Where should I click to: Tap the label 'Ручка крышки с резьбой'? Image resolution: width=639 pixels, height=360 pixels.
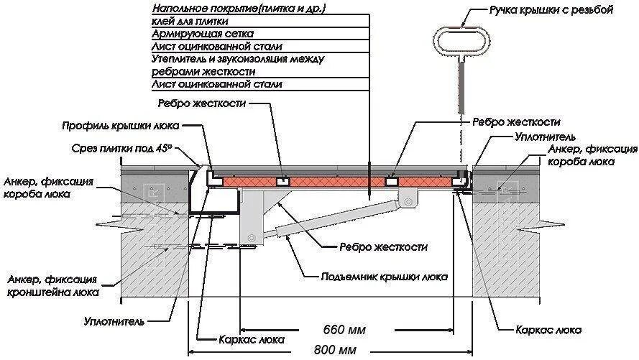(x=551, y=11)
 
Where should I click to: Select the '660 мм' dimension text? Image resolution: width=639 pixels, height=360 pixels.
(x=344, y=331)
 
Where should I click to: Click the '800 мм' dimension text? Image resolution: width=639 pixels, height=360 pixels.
(x=334, y=351)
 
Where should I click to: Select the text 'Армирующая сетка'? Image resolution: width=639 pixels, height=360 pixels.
(x=202, y=34)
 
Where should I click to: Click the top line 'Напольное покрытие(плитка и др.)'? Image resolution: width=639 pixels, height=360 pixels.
(x=237, y=9)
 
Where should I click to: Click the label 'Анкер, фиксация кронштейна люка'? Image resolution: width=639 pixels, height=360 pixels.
(x=52, y=285)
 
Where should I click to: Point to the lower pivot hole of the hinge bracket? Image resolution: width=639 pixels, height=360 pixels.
(x=249, y=237)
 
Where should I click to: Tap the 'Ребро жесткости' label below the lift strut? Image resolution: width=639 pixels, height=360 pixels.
(x=383, y=247)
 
